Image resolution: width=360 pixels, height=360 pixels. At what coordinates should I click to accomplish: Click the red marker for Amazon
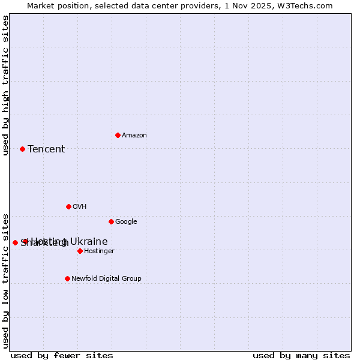click(118, 135)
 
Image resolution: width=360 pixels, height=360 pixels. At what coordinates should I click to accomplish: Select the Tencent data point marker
click(22, 149)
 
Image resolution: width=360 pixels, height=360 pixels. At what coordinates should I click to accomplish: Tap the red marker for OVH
click(68, 206)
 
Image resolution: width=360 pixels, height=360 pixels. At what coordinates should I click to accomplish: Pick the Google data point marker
click(111, 221)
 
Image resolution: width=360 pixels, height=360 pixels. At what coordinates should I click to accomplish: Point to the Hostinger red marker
click(80, 251)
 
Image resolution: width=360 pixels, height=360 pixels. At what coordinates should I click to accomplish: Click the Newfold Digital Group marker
click(67, 278)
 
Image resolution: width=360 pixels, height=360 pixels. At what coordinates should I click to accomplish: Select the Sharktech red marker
click(15, 242)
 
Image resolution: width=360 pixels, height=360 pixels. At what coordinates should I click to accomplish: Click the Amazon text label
click(134, 135)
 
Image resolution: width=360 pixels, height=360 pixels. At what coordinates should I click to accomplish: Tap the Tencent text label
click(46, 149)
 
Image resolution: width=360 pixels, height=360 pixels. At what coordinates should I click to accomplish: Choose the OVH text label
click(80, 206)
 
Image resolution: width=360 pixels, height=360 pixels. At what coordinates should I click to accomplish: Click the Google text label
click(126, 221)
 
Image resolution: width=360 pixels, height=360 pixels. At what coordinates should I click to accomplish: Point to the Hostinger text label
click(99, 251)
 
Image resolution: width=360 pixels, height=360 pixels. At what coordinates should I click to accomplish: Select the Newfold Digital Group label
click(106, 278)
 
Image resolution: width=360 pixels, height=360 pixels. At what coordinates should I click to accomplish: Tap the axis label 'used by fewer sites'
click(62, 355)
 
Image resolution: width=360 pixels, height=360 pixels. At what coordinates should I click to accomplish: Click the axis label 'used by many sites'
click(301, 355)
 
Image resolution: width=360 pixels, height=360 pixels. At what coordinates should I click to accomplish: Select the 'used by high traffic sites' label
click(5, 85)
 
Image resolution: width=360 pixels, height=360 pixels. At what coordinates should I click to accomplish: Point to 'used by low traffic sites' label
click(5, 280)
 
